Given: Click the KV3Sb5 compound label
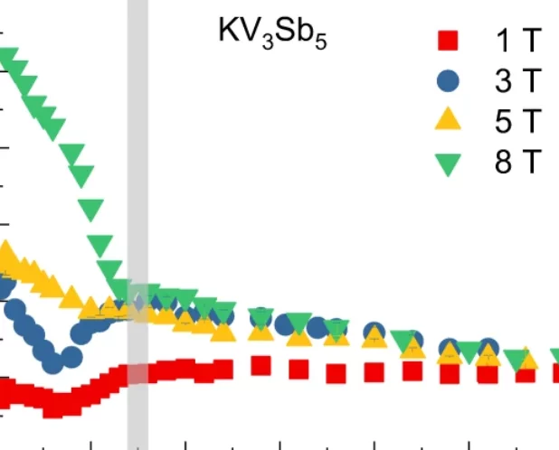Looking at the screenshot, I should pos(271,33).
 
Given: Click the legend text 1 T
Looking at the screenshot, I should pos(516,41).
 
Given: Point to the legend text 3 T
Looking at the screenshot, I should pos(516,81).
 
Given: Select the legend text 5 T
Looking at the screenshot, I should pos(516,122).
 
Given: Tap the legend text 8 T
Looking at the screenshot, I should pos(516,163).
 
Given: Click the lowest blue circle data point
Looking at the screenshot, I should pos(53,362).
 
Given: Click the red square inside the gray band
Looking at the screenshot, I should pos(137,373).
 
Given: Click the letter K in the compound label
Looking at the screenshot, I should pos(228,32).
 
